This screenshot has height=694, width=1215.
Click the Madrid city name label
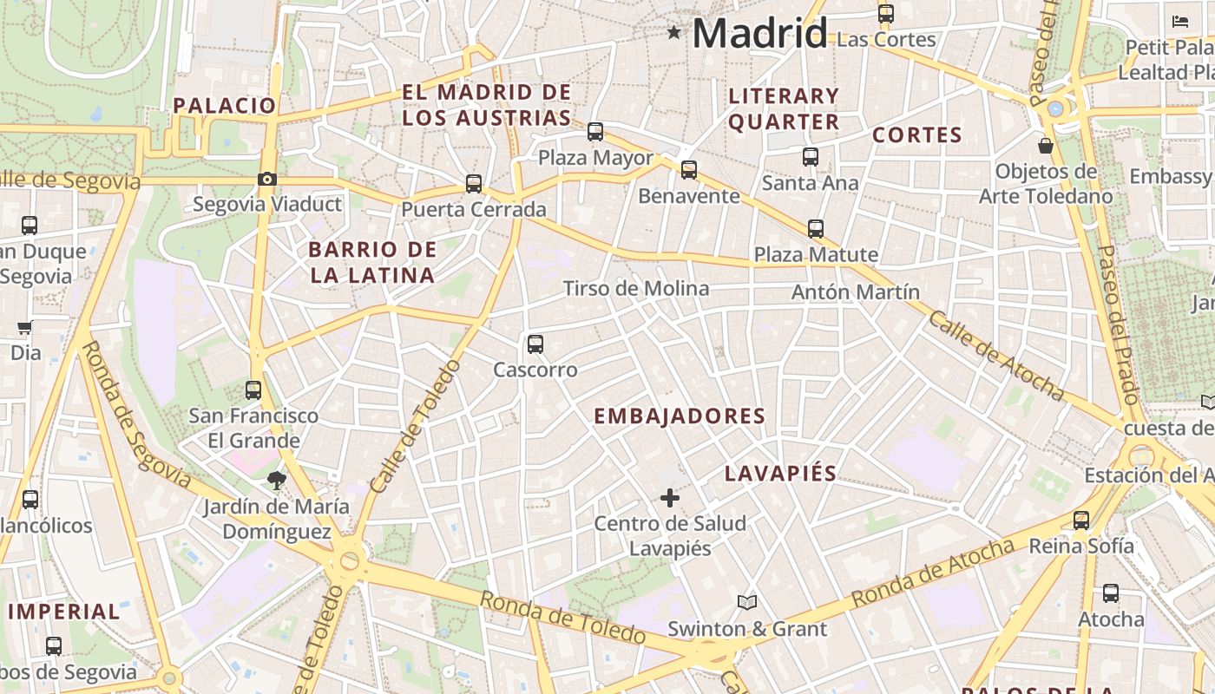[x=759, y=34]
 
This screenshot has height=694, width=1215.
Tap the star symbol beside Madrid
[x=673, y=33]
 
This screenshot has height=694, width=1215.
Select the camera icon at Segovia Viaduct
[x=267, y=180]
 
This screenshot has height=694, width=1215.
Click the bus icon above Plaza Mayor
[x=595, y=132]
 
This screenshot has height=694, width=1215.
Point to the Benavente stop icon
[x=689, y=170]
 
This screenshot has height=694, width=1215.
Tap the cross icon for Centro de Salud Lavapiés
[x=669, y=498]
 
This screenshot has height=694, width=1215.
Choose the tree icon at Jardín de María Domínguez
[x=277, y=480]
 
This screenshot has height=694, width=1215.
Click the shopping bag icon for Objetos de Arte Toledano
[x=1046, y=145]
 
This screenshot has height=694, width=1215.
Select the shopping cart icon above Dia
[x=25, y=328]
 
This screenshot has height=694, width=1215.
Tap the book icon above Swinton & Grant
[x=746, y=602]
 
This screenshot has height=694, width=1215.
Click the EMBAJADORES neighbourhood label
[x=680, y=416]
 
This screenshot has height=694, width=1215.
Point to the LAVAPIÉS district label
[x=781, y=474]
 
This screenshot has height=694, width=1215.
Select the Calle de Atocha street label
[x=995, y=356]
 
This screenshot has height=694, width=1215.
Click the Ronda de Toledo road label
[x=562, y=619]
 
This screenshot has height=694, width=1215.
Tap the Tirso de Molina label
[x=636, y=288]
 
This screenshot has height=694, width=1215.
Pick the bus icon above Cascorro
[x=535, y=344]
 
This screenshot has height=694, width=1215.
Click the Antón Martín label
[x=855, y=292]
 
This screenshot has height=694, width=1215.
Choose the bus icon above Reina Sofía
[x=1081, y=520]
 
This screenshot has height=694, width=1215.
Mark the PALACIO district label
[x=224, y=106]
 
